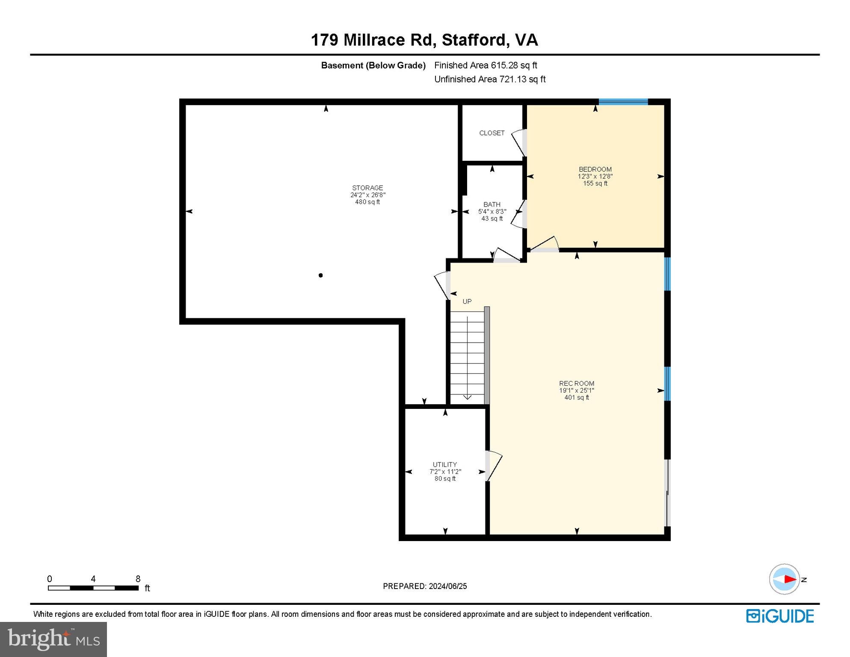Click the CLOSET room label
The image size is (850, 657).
click(492, 133)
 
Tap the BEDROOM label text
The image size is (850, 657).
click(595, 169)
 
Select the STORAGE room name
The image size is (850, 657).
click(367, 188)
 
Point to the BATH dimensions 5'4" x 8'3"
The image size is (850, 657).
click(492, 212)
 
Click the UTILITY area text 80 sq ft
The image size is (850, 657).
click(445, 479)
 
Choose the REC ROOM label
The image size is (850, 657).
click(576, 384)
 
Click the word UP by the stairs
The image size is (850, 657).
click(467, 302)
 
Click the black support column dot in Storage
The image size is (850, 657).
click(320, 275)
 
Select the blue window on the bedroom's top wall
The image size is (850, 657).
click(623, 102)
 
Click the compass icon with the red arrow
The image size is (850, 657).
click(784, 579)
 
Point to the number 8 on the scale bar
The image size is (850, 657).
click(138, 579)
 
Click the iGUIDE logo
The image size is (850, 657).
click(780, 616)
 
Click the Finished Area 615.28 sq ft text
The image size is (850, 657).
click(485, 65)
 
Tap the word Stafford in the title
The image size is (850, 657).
click(474, 40)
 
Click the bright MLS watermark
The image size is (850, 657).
click(53, 639)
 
